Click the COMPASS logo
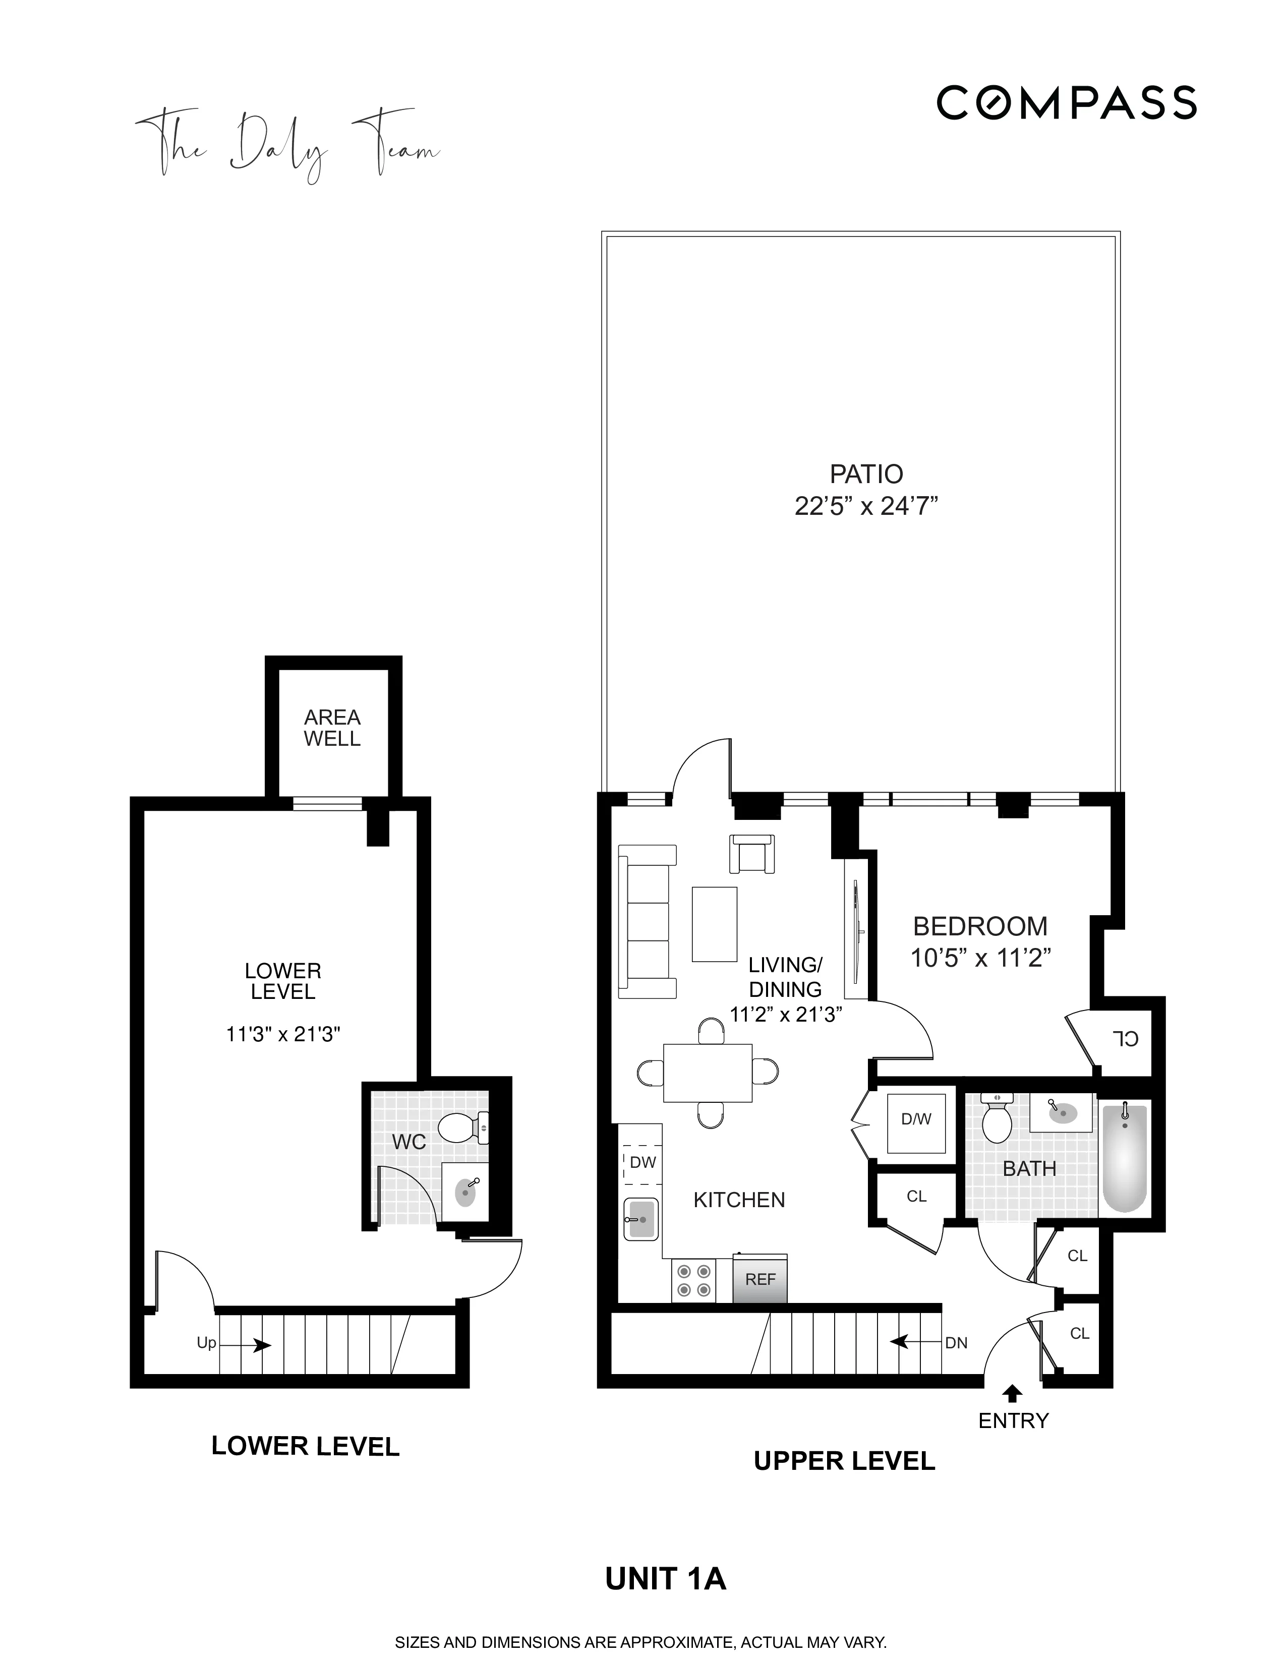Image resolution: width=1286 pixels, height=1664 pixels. [x=1066, y=103]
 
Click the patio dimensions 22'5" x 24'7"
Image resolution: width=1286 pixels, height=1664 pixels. [x=865, y=506]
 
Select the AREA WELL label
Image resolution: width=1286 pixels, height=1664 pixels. [x=332, y=728]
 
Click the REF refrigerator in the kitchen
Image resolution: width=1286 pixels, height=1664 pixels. [x=759, y=1280]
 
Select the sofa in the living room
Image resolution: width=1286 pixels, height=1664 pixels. [x=646, y=921]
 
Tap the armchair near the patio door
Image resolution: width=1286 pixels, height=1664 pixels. [x=752, y=853]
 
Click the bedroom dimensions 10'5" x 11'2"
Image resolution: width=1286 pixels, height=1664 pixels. [x=980, y=958]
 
